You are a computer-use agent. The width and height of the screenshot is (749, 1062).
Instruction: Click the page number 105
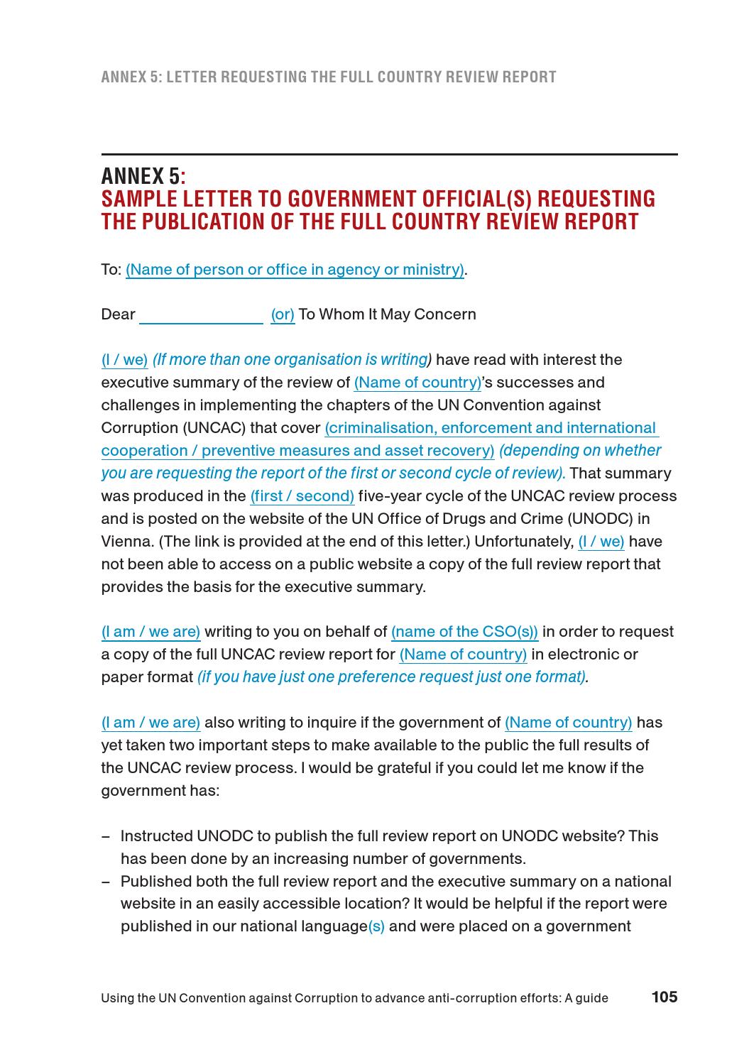[x=665, y=997]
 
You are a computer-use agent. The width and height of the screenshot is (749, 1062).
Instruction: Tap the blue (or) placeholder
[x=283, y=314]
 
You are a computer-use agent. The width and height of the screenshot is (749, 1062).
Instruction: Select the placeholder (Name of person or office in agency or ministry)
[x=295, y=270]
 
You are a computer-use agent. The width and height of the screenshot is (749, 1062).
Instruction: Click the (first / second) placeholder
[x=302, y=496]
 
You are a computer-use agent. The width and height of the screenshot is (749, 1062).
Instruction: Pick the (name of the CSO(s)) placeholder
[x=464, y=632]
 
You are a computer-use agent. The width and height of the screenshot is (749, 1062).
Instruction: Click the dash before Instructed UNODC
[x=106, y=836]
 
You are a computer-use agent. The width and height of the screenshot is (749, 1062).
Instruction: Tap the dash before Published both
[x=106, y=882]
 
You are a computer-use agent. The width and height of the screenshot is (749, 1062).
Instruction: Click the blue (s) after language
[x=376, y=926]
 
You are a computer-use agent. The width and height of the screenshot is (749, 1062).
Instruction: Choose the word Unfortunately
[x=523, y=542]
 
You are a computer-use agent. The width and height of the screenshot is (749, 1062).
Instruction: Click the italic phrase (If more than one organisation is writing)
[x=292, y=360]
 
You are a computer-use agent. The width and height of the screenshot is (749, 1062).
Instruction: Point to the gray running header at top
[x=329, y=77]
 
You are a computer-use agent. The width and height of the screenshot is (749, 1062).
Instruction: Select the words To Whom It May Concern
[x=387, y=314]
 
